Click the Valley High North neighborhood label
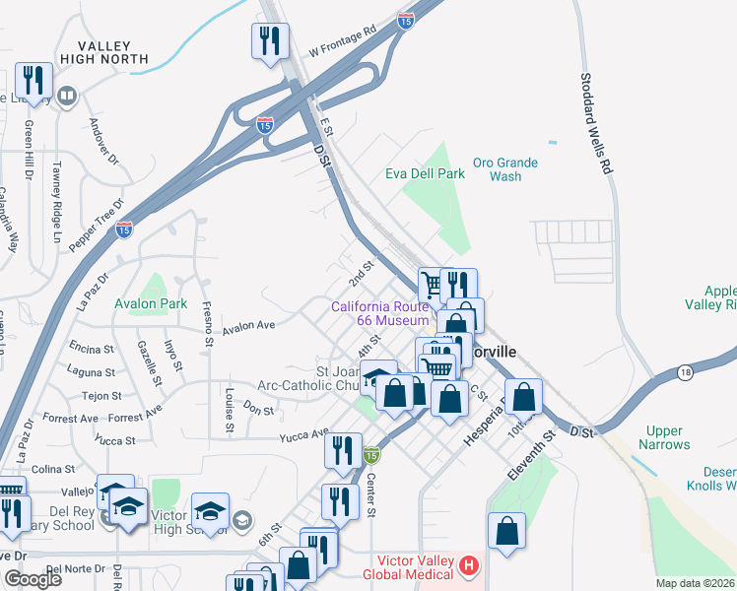point(103,52)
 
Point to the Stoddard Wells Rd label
point(595,123)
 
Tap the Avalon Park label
point(150,304)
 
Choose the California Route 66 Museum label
point(380,313)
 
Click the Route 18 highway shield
point(684,370)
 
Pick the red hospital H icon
point(469,566)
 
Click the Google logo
point(33,579)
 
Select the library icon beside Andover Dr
point(66,96)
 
